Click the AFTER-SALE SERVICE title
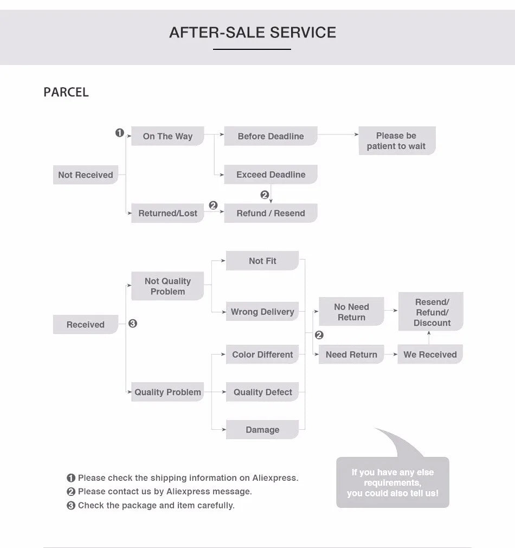click(253, 33)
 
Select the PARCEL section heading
click(66, 92)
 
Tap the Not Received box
click(86, 175)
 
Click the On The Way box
click(168, 136)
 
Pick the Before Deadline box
click(271, 136)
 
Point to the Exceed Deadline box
click(271, 175)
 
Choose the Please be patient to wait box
click(396, 141)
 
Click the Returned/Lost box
click(168, 213)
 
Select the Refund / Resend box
click(271, 213)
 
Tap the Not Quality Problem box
click(168, 286)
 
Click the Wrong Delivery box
click(262, 312)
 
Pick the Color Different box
click(262, 354)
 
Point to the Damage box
click(262, 430)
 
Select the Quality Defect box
click(262, 392)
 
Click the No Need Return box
click(351, 312)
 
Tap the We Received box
click(430, 354)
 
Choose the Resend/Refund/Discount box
click(432, 312)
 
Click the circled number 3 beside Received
click(133, 324)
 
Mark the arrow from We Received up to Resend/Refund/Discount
click(429, 337)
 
